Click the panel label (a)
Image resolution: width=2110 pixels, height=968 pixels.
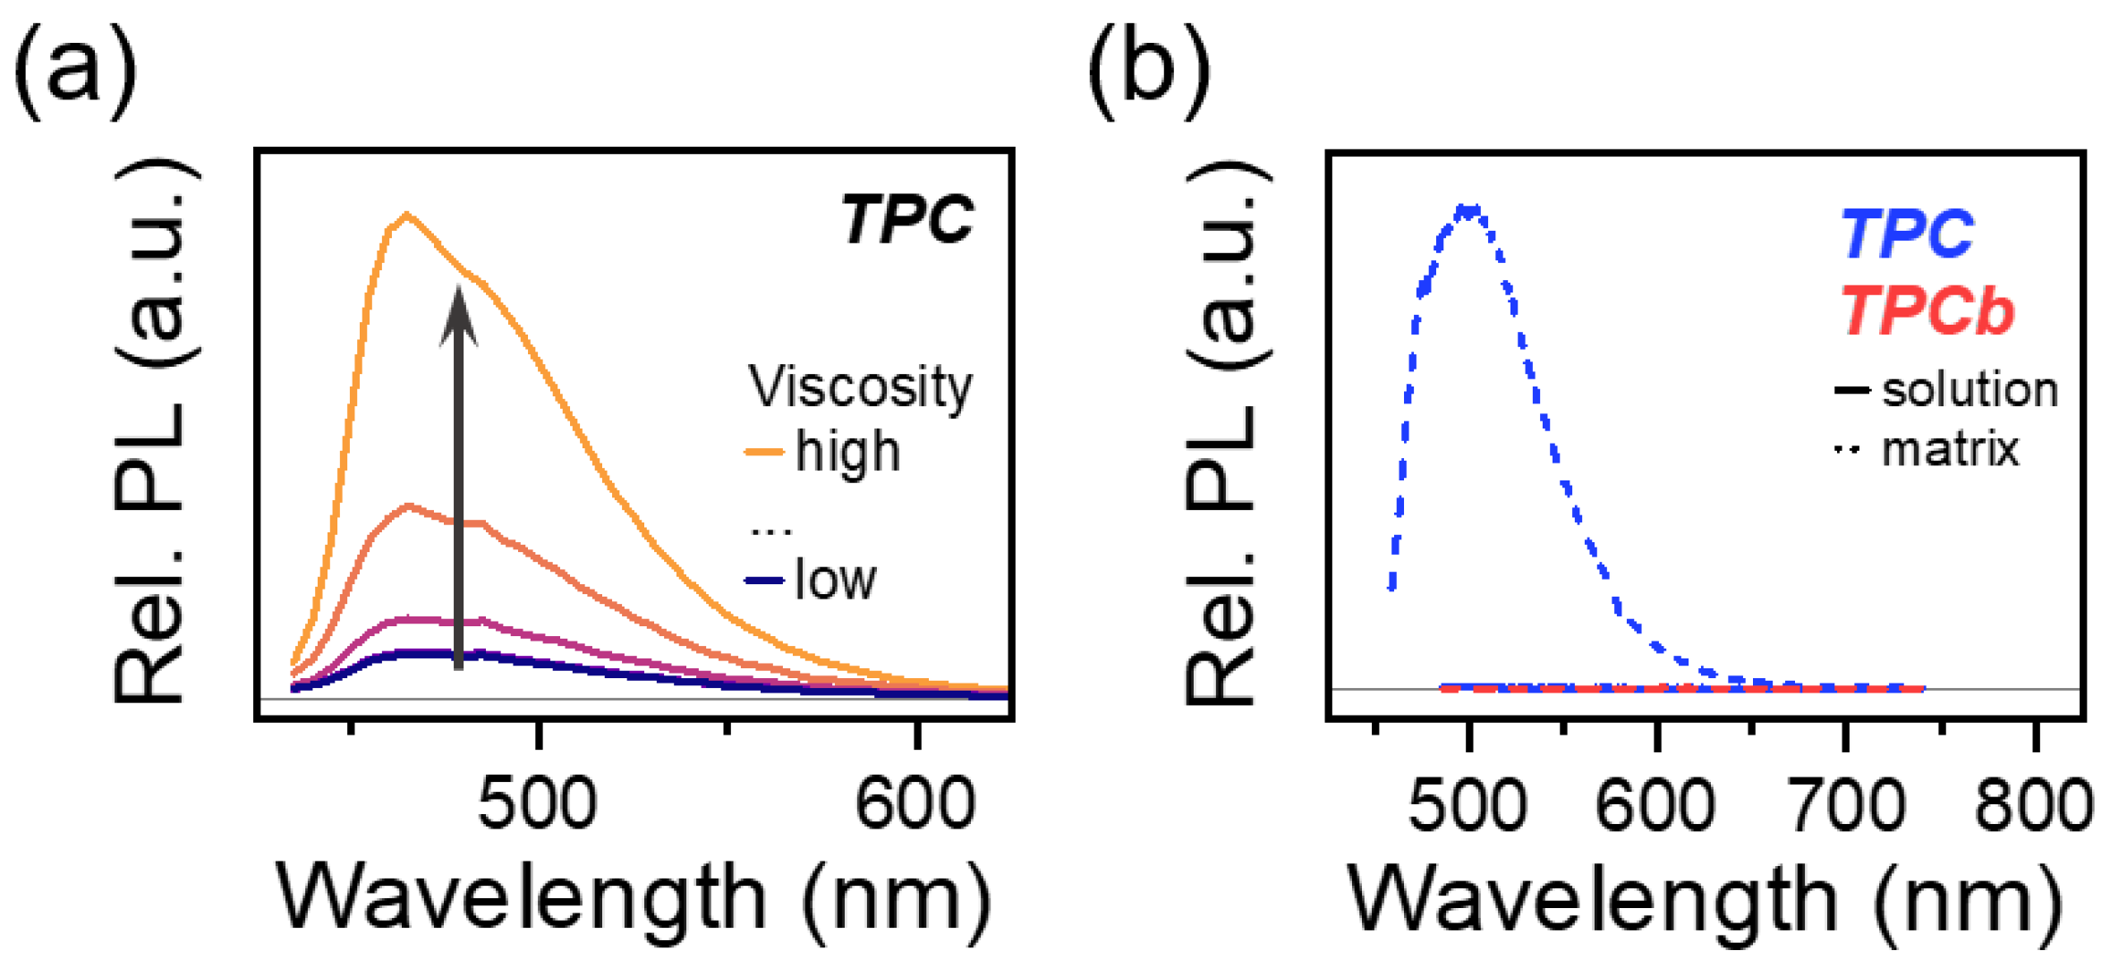pos(76,72)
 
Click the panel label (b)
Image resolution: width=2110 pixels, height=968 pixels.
pos(1149,72)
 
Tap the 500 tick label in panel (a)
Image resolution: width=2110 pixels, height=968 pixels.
pos(537,803)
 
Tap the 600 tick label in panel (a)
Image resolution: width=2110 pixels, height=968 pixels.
pos(915,803)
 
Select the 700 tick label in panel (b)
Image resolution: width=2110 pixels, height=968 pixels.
pos(1845,805)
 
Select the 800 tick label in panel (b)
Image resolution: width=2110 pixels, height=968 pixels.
pos(2034,805)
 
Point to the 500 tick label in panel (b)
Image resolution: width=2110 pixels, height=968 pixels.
pos(1468,805)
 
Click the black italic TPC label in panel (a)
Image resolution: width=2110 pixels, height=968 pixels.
pos(906,219)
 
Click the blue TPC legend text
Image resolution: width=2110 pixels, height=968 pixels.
pos(1906,234)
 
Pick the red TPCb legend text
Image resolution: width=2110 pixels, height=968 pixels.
pos(1927,311)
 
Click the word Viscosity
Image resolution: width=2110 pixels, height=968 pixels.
pos(860,387)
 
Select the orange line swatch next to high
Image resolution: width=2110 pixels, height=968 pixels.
pos(764,453)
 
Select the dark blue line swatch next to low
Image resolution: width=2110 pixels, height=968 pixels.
pos(764,582)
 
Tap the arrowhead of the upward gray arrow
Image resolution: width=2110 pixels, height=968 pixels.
pos(458,313)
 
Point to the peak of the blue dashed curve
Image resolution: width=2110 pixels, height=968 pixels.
pos(1468,211)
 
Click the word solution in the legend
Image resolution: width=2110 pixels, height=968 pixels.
pos(1970,390)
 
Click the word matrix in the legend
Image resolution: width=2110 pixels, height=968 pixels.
pos(1950,449)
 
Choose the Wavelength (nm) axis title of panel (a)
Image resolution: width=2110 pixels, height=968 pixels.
pos(634,897)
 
